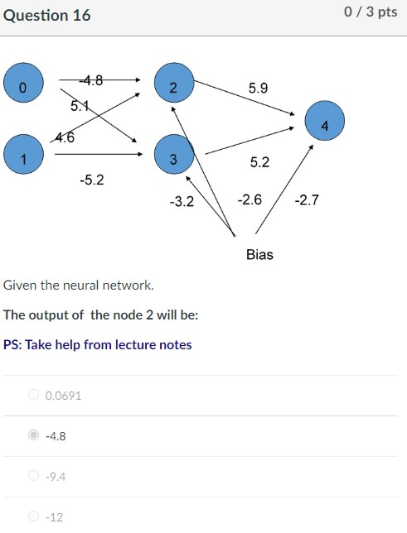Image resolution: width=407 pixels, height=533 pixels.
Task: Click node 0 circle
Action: [22, 86]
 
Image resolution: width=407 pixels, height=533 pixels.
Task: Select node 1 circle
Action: [22, 158]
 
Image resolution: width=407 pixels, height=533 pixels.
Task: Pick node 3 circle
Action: [172, 157]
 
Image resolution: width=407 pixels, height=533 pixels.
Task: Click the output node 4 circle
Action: [324, 125]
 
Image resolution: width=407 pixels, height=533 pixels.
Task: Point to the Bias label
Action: [259, 254]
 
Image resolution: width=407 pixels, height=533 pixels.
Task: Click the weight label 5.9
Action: [258, 87]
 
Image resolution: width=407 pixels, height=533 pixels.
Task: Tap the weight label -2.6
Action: [250, 200]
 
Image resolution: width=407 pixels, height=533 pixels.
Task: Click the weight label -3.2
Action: [181, 200]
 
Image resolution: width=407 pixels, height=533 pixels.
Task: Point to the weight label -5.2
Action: [92, 179]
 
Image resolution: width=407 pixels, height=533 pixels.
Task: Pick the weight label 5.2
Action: [259, 162]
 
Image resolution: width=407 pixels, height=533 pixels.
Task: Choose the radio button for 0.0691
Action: [33, 395]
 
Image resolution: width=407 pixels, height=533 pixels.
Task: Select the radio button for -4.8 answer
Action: [33, 435]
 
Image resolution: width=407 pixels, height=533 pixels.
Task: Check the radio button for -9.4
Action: [33, 476]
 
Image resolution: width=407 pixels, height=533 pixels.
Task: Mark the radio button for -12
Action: [33, 516]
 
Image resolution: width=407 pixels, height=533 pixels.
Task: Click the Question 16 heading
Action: [47, 16]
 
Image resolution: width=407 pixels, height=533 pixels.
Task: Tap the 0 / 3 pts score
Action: [371, 13]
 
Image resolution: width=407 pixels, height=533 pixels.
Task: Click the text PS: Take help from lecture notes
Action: [98, 344]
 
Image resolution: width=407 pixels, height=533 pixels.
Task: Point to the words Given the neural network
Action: [79, 285]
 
